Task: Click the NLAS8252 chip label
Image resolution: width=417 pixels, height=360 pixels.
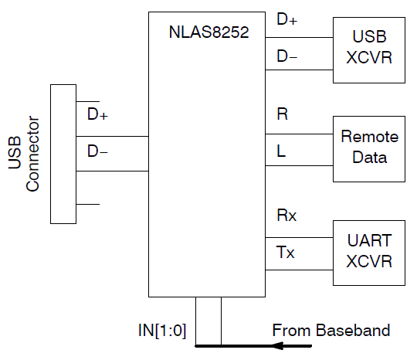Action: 208,33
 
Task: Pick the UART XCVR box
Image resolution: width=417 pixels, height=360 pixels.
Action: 369,251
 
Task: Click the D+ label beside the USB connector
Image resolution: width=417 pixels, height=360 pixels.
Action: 97,115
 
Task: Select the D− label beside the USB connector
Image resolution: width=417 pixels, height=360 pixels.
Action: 97,151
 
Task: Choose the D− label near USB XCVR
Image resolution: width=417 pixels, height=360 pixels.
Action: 286,56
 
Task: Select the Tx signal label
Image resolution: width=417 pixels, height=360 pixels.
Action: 286,252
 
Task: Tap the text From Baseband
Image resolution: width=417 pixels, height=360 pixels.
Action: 331,331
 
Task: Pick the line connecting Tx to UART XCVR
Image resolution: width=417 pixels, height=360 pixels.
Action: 299,270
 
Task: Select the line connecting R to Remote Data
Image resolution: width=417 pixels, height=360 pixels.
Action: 299,133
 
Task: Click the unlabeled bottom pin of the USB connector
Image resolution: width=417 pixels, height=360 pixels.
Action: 88,204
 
